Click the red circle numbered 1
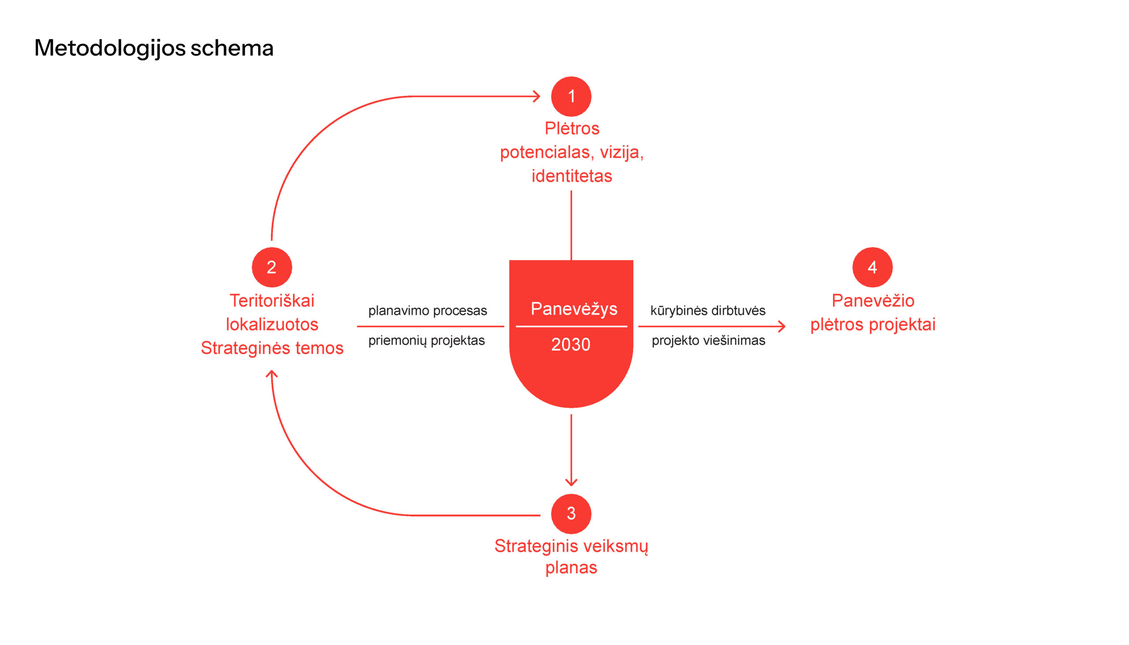click(571, 97)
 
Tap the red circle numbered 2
click(272, 267)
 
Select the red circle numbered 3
click(571, 514)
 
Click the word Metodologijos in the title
click(109, 48)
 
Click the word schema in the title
click(232, 48)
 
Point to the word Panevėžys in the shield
click(574, 309)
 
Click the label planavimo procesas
click(428, 310)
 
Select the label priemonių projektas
click(426, 340)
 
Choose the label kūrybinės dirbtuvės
click(708, 310)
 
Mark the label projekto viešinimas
click(708, 340)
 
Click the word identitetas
click(572, 176)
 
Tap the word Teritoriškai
click(272, 301)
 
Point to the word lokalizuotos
click(272, 324)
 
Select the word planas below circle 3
click(571, 567)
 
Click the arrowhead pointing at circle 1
click(537, 96)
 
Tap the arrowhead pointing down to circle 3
click(571, 483)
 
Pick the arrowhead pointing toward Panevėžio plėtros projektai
click(782, 327)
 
